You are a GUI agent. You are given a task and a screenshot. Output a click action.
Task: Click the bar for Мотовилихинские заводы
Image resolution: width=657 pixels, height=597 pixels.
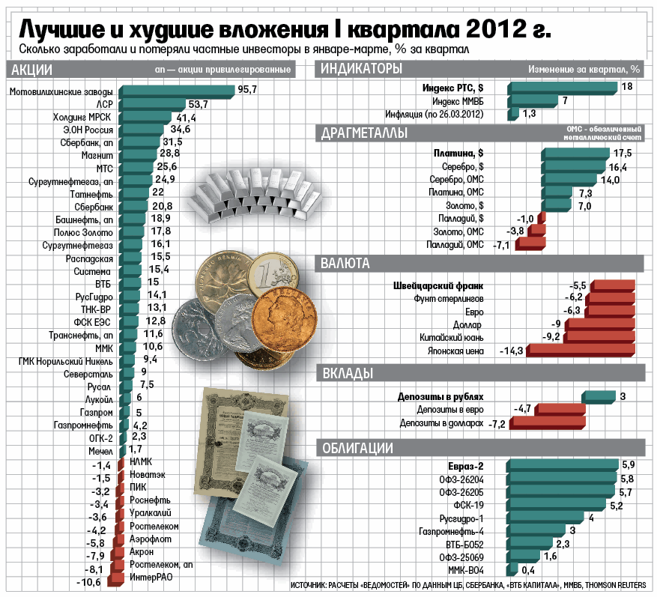pyautogui.click(x=177, y=91)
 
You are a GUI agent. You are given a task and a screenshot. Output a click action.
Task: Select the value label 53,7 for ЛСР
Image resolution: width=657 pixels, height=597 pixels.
pyautogui.click(x=198, y=104)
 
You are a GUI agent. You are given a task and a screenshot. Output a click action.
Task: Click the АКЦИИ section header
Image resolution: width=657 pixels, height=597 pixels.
pyautogui.click(x=29, y=70)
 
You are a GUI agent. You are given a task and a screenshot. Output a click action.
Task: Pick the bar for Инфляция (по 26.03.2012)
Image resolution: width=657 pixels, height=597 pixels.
pyautogui.click(x=513, y=114)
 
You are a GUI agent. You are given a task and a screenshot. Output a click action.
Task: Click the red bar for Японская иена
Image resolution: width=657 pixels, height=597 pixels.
pyautogui.click(x=585, y=350)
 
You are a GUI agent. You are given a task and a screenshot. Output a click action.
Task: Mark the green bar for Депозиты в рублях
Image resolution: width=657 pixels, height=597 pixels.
pyautogui.click(x=599, y=396)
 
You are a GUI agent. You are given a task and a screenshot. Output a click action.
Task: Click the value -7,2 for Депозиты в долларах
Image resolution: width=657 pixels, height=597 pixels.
pyautogui.click(x=497, y=424)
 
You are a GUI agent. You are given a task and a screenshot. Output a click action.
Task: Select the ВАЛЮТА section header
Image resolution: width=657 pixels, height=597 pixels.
pyautogui.click(x=345, y=263)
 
